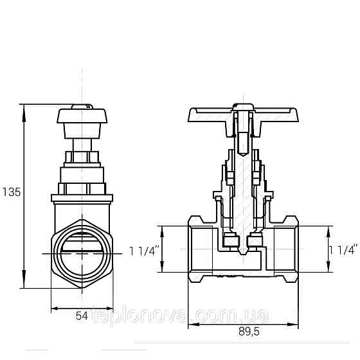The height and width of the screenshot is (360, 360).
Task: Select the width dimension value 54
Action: pos(82,316)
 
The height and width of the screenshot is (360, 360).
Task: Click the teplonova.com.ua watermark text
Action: pos(180,318)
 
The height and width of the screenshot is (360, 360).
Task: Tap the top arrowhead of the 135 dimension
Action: pos(24,108)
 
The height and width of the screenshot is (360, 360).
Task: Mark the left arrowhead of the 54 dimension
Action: pos(53,307)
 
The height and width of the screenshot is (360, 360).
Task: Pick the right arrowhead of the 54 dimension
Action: pos(112,307)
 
